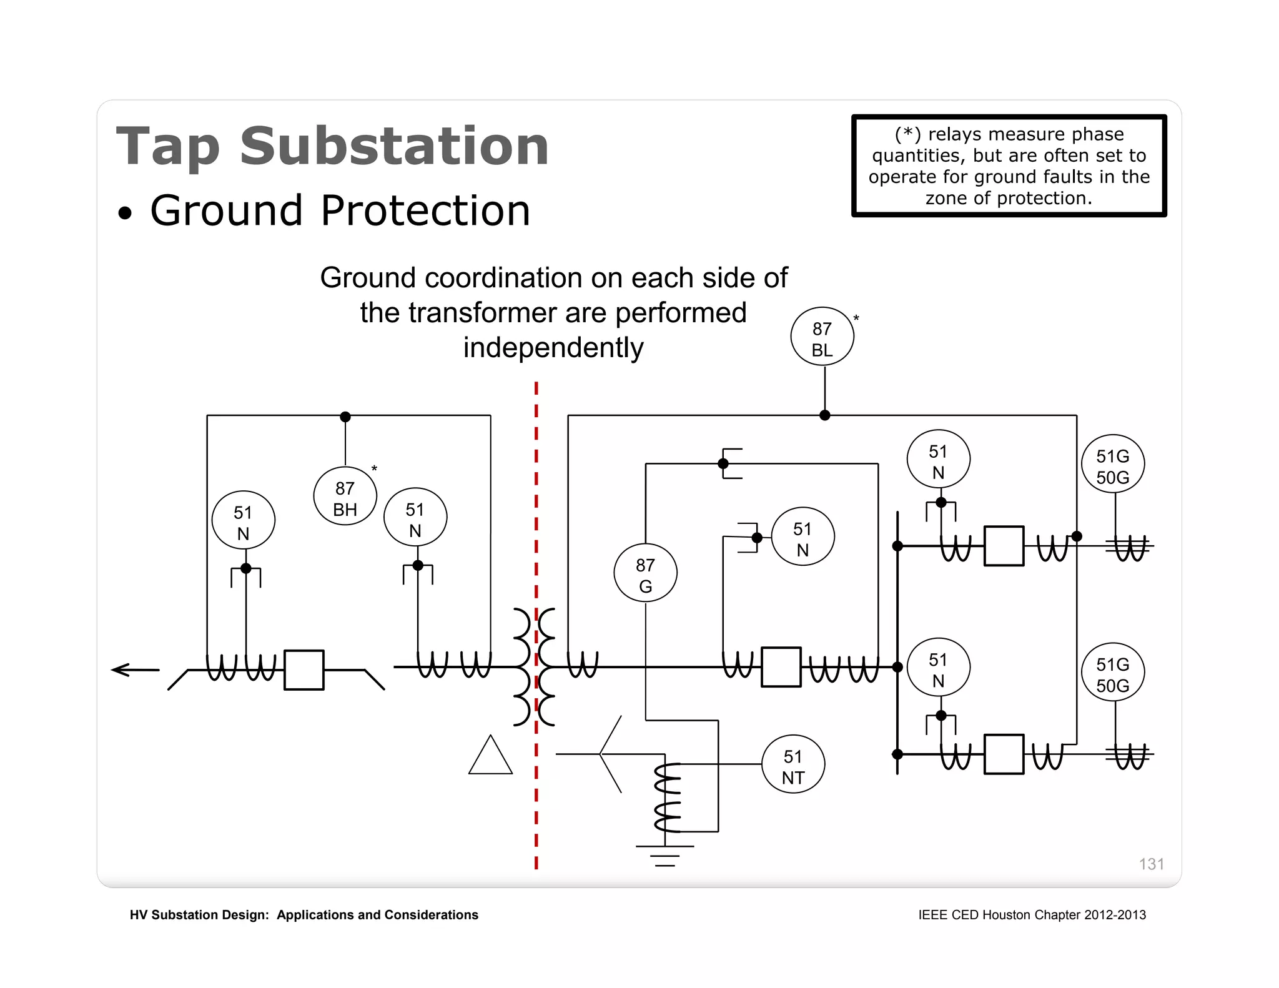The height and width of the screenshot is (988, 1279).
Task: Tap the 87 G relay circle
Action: [x=645, y=573]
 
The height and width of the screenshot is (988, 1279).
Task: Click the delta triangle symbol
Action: [x=491, y=758]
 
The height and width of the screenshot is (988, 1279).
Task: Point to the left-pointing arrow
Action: [x=135, y=670]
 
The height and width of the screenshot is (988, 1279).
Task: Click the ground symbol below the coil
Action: [x=665, y=856]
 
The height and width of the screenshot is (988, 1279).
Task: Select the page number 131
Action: [x=1151, y=864]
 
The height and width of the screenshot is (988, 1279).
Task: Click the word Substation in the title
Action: [x=395, y=147]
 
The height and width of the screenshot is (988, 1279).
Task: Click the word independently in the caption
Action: [x=553, y=348]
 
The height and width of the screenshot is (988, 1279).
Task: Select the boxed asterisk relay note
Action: [x=1009, y=166]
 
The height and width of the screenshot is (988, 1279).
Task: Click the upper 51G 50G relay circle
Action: [x=1113, y=465]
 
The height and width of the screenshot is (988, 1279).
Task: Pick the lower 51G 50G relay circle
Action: [x=1113, y=673]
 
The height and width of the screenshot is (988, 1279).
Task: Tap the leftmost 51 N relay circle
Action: [x=243, y=520]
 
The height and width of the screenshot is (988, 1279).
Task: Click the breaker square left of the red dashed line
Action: [x=304, y=670]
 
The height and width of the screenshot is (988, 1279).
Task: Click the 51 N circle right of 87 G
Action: [x=802, y=537]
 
